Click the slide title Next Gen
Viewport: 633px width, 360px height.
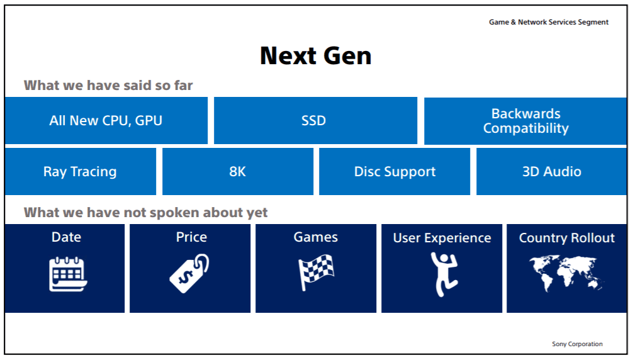[x=315, y=56]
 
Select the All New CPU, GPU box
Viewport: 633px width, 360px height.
[x=106, y=121]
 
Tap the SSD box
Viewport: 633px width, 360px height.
[x=315, y=121]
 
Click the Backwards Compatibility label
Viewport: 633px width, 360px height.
[x=525, y=121]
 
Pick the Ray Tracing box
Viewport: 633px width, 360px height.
[x=80, y=172]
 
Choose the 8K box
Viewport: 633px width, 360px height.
[x=237, y=172]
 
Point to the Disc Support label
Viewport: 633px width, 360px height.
[x=395, y=172]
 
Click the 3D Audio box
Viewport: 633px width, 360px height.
[x=551, y=172]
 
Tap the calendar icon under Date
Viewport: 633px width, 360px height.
[x=67, y=274]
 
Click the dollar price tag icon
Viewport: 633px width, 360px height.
[x=190, y=274]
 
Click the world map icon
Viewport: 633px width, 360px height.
[x=566, y=274]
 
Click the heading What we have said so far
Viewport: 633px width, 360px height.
[x=108, y=85]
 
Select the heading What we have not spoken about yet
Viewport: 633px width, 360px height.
[x=145, y=212]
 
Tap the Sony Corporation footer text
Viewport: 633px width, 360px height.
[x=577, y=344]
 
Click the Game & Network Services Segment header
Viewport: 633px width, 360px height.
[x=549, y=22]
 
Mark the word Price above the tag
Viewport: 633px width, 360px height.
[x=191, y=237]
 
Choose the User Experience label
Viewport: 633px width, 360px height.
[x=442, y=238]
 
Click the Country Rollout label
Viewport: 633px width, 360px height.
[x=566, y=238]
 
